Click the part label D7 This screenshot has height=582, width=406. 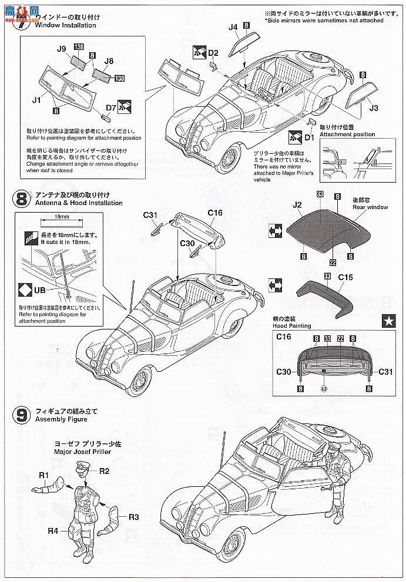coord(110,107)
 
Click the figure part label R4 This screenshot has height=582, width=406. coord(52,531)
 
